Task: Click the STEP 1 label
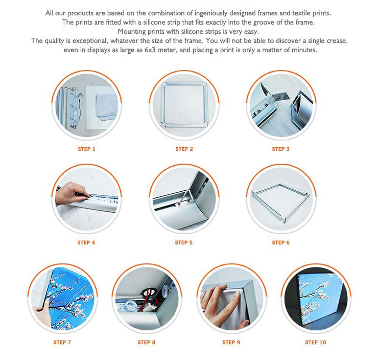click(x=87, y=149)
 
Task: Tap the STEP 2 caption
click(x=184, y=149)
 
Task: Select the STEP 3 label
click(x=281, y=149)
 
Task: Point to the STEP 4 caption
click(x=86, y=242)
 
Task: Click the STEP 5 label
click(x=184, y=242)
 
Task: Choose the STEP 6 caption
click(x=281, y=242)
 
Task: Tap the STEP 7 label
click(x=62, y=342)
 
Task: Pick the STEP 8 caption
click(x=147, y=342)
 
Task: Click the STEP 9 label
click(x=231, y=342)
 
